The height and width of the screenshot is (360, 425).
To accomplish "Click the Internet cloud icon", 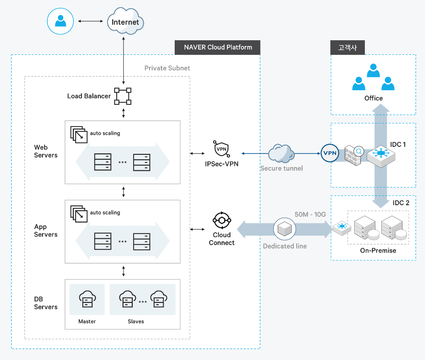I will pyautogui.click(x=126, y=22).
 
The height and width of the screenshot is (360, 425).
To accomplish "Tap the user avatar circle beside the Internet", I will pyautogui.click(x=61, y=21).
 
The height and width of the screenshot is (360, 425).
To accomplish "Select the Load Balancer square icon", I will pyautogui.click(x=123, y=96).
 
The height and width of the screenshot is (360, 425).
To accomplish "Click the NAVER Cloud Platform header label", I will pyautogui.click(x=218, y=47).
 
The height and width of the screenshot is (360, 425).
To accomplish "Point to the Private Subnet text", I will pyautogui.click(x=167, y=68).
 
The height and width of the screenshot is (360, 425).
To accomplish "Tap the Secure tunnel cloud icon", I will pyautogui.click(x=281, y=153).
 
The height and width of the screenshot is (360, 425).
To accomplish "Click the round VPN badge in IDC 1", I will pyautogui.click(x=329, y=153).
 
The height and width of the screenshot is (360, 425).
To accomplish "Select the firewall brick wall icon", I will pyautogui.click(x=354, y=154).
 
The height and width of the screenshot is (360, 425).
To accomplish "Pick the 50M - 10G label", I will pyautogui.click(x=310, y=214).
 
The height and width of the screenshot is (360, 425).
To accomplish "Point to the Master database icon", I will pyautogui.click(x=87, y=299).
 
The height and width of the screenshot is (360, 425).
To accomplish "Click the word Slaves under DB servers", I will pyautogui.click(x=136, y=322).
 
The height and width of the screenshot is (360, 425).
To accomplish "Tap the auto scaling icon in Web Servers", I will pyautogui.click(x=79, y=134).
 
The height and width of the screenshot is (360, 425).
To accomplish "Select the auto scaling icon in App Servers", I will pyautogui.click(x=79, y=214).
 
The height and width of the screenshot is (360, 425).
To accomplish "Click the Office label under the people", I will pyautogui.click(x=373, y=98).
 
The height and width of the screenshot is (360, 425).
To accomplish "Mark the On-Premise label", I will pyautogui.click(x=378, y=250).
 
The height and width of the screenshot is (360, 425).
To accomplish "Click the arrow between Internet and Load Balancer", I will pyautogui.click(x=123, y=62).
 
